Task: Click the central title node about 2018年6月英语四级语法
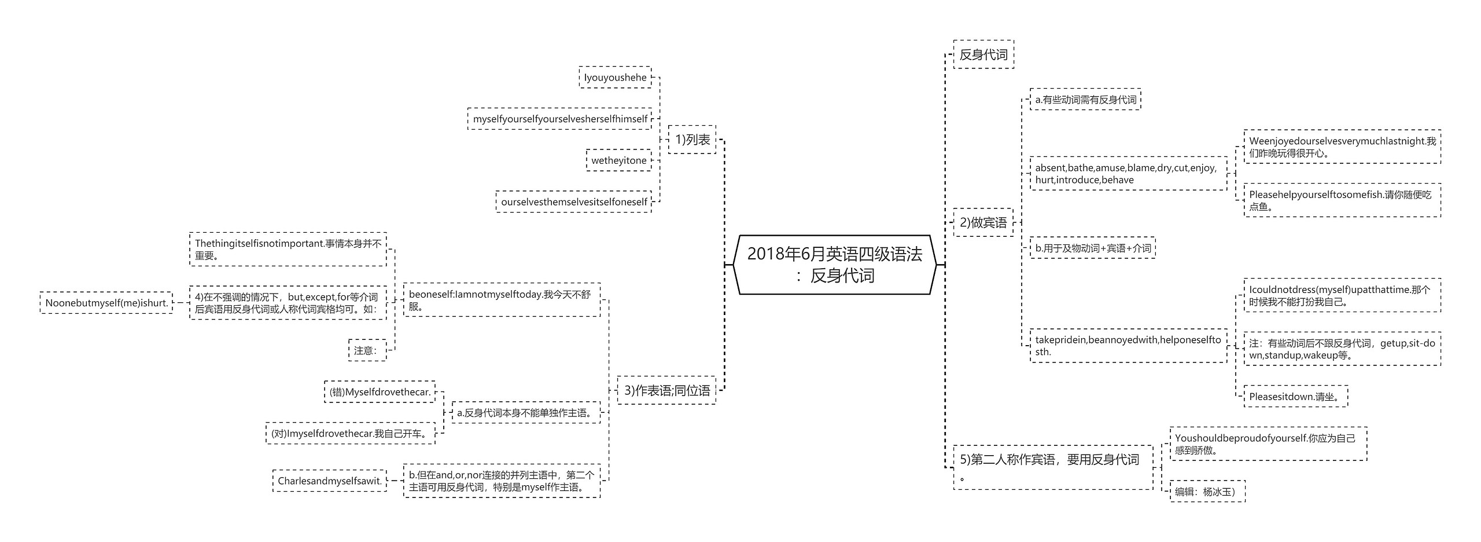(834, 265)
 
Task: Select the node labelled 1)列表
(692, 140)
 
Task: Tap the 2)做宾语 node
(983, 222)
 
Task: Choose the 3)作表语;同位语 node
(666, 390)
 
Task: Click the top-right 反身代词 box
(983, 54)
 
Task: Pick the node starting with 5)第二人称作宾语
(1052, 467)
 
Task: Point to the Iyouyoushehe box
(615, 78)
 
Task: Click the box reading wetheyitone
(618, 160)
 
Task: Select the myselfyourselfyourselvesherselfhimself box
(559, 119)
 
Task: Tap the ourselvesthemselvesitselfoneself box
(573, 202)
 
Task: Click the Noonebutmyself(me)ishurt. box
(106, 303)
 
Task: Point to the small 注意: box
(367, 350)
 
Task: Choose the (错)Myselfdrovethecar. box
(380, 392)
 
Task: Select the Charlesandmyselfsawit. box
(329, 481)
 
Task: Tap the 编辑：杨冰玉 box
(1207, 492)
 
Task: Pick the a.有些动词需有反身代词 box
(1085, 100)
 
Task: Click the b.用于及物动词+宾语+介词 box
(1092, 248)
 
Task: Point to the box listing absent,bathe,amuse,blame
(1128, 174)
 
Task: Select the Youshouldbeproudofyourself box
(1268, 444)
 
